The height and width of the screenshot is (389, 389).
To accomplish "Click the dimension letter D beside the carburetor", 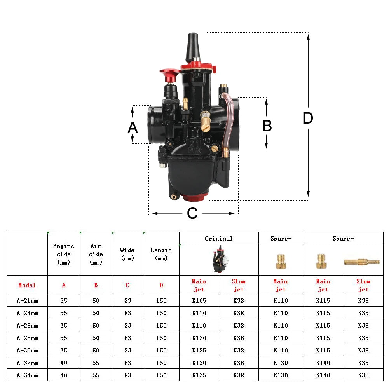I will click(307, 119).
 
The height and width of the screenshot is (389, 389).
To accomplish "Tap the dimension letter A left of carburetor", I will click(133, 127).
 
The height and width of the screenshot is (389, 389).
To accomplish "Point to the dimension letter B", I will click(267, 126).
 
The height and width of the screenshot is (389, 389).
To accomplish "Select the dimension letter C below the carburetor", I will click(192, 213).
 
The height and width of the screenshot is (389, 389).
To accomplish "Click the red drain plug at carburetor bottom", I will click(193, 197).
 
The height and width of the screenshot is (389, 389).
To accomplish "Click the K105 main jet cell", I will click(199, 300).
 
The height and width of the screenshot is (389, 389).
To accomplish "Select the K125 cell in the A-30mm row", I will click(199, 350).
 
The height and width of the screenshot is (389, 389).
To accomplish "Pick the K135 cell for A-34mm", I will click(199, 375).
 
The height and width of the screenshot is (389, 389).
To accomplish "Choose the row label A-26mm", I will click(27, 325).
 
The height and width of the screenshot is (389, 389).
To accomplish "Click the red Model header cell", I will click(27, 285).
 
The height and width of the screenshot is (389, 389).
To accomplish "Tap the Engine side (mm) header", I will click(64, 254).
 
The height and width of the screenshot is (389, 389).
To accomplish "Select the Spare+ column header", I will click(343, 239).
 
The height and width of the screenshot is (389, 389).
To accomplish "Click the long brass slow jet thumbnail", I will click(361, 262).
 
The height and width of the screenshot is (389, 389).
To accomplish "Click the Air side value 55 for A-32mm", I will click(96, 363).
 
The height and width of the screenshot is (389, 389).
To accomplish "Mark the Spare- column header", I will click(281, 239).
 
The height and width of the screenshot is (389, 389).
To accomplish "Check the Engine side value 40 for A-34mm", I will click(64, 375).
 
